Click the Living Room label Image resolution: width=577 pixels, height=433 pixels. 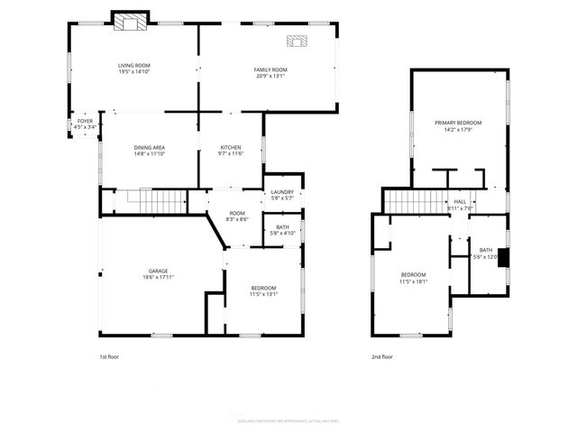133,66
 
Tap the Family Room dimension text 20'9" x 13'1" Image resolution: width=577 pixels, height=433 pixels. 270,77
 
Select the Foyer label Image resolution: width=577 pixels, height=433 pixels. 85,121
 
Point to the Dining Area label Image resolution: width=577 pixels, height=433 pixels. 150,147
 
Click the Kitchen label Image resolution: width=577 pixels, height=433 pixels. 231,147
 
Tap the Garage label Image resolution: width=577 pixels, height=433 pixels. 159,271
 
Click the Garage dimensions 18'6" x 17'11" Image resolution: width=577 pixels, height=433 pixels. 159,278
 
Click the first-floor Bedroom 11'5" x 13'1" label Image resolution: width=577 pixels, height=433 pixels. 264,290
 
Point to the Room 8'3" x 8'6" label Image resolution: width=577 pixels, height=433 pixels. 237,215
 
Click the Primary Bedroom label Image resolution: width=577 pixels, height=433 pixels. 458,123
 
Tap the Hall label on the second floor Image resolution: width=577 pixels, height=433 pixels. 460,201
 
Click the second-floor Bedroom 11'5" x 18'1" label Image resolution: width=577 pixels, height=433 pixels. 413,274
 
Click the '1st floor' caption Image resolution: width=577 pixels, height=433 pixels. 108,357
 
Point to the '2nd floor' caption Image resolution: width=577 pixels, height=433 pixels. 382,357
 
